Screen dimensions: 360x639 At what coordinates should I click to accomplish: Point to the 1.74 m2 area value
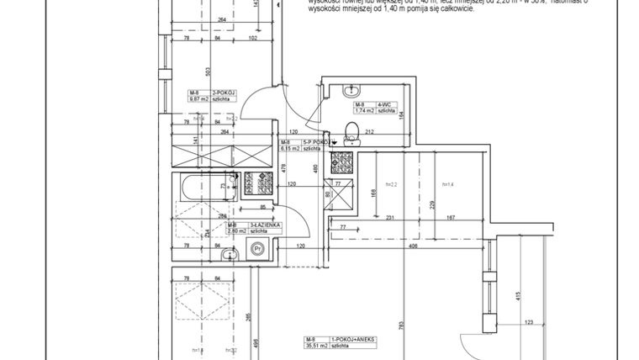[x=364, y=110]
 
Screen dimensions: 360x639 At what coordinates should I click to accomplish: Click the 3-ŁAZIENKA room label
[x=266, y=225]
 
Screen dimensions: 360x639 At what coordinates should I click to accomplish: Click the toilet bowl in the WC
[x=353, y=130]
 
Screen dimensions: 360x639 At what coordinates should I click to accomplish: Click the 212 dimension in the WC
[x=392, y=131]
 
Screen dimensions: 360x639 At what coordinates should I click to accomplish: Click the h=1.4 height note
[x=447, y=184]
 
